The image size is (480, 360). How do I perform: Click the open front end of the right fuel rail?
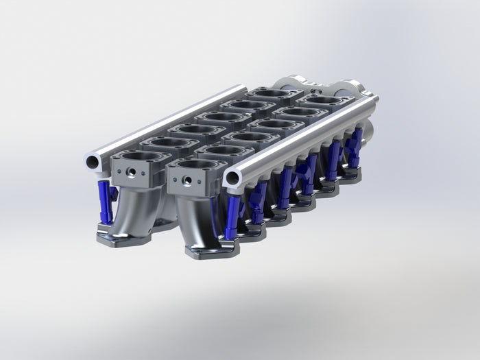click(x=232, y=179)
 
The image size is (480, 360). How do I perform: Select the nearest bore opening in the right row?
click(x=197, y=164)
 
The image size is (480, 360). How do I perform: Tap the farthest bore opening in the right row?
click(x=322, y=100)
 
